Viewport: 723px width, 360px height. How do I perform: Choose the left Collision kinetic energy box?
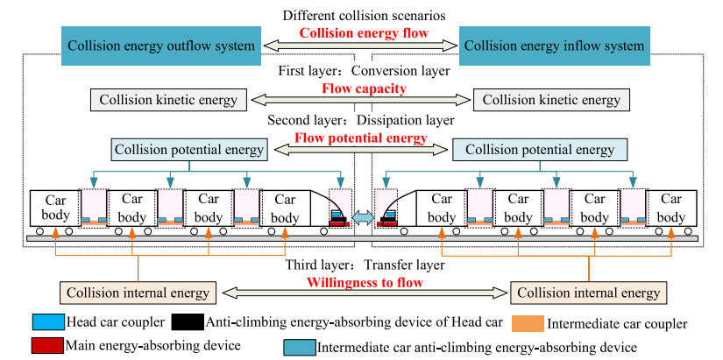168,99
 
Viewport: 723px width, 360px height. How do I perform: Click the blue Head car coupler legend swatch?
44,322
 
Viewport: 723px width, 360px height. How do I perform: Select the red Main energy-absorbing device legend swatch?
44,344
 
